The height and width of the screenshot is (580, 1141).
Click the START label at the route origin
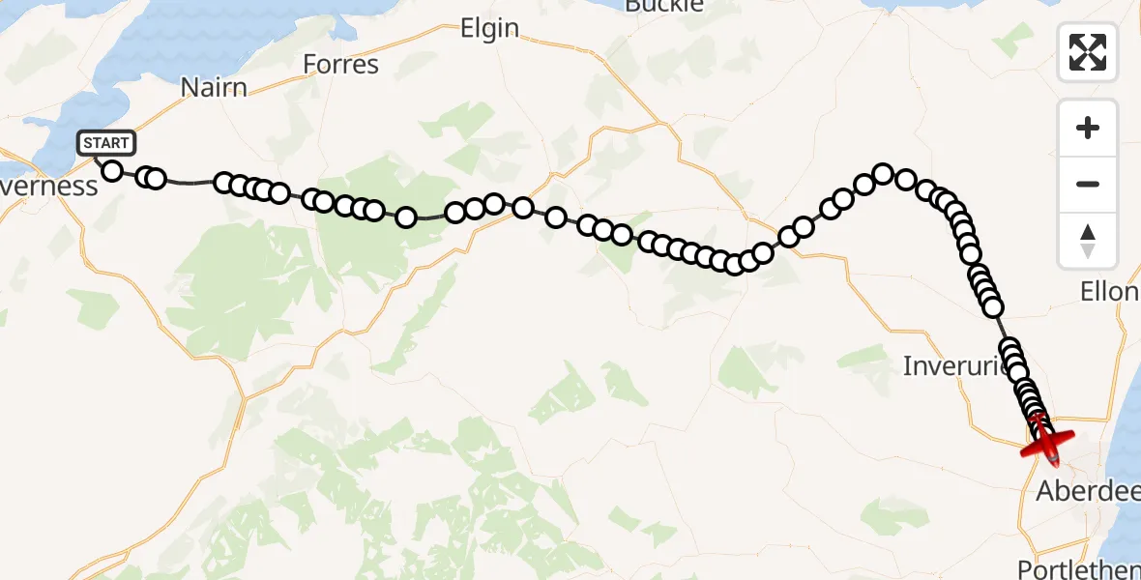[x=106, y=144]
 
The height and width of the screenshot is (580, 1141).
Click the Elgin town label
[x=490, y=29]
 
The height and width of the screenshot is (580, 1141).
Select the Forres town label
[x=340, y=65]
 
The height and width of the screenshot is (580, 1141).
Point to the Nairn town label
[x=214, y=88]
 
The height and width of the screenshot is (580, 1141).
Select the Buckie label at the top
[x=663, y=6]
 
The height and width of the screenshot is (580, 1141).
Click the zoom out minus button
[x=1088, y=184]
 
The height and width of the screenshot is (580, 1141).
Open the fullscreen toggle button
[x=1088, y=52]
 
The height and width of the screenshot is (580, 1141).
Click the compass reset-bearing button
[x=1088, y=240]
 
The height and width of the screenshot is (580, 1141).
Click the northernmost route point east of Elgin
[x=883, y=173]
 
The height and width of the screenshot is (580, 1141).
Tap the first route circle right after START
[x=112, y=171]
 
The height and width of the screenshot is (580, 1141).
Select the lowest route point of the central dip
[x=734, y=264]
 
